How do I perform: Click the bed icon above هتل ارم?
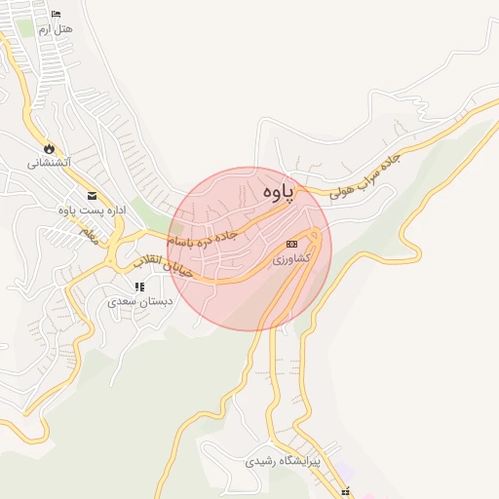click(x=55, y=14)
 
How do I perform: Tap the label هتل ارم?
click(x=56, y=29)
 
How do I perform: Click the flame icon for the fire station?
click(x=48, y=148)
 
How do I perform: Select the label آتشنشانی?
click(x=48, y=163)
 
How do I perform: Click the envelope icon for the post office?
click(x=92, y=195)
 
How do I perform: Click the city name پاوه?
click(x=278, y=194)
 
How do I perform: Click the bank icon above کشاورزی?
click(x=290, y=244)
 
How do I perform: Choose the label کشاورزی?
click(x=290, y=258)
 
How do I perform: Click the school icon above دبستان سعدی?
click(x=139, y=288)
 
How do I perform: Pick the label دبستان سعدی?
click(x=140, y=302)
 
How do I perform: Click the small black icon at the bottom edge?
click(x=346, y=492)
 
